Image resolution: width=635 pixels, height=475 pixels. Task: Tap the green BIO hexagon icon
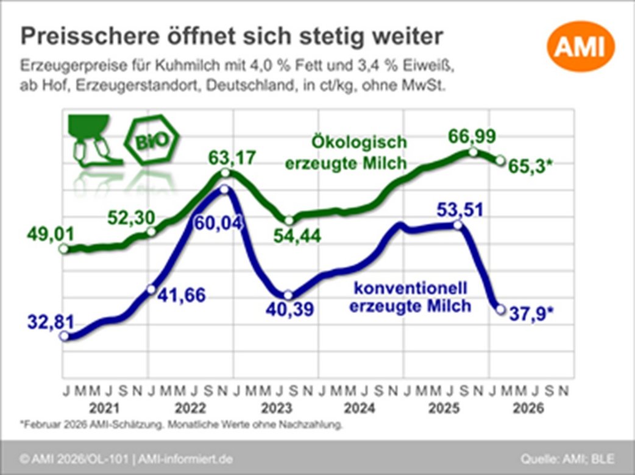(152, 141)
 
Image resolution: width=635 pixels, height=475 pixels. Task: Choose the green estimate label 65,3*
(534, 164)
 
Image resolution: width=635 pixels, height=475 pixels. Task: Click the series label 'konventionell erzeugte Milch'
(410, 296)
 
